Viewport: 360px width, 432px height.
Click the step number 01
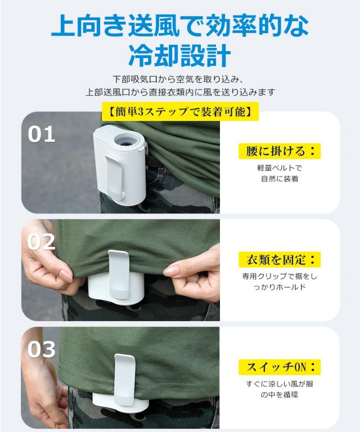click(42, 134)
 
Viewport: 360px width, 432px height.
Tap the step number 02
click(42, 242)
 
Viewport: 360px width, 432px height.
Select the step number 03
click(42, 349)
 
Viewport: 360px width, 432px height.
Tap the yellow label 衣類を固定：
click(280, 259)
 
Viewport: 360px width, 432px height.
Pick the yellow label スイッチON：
click(280, 367)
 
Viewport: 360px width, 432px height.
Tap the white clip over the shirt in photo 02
click(119, 276)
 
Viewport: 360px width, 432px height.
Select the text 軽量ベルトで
click(280, 168)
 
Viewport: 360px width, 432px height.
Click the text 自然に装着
click(280, 179)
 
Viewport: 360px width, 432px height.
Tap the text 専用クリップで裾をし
click(280, 277)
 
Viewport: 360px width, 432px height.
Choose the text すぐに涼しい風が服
click(280, 384)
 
